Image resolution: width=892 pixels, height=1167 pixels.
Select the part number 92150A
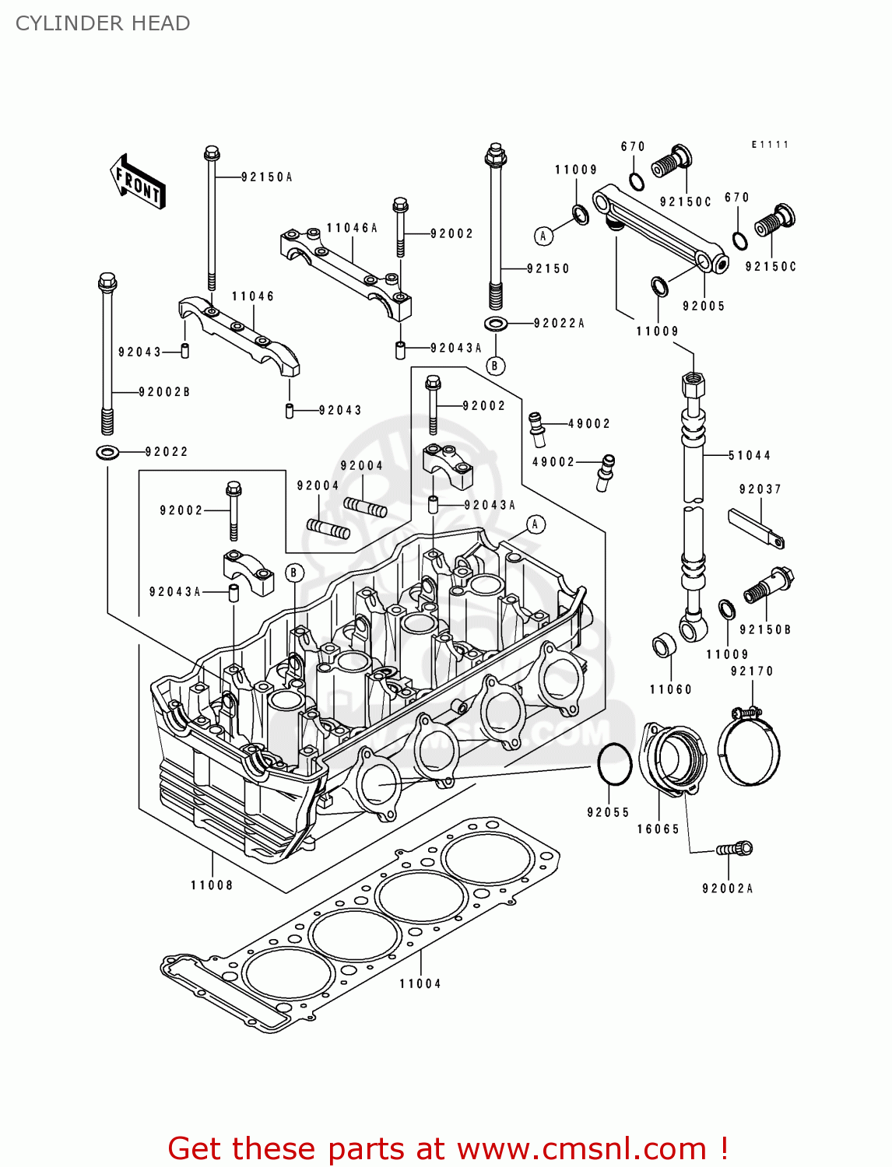click(266, 177)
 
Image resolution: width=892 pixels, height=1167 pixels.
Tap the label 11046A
click(352, 228)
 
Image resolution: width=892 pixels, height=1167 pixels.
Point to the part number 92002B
click(164, 392)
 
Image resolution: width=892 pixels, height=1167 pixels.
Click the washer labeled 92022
click(107, 451)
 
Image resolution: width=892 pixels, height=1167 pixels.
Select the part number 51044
click(749, 455)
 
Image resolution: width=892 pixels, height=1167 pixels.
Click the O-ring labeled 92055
click(615, 764)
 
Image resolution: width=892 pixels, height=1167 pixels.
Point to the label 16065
click(658, 829)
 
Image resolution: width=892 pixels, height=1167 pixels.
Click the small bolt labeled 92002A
click(735, 849)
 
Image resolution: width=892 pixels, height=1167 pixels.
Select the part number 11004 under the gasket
click(420, 984)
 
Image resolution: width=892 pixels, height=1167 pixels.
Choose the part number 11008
click(212, 885)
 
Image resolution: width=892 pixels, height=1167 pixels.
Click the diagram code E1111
click(770, 145)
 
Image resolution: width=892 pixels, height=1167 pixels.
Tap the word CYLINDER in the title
click(58, 23)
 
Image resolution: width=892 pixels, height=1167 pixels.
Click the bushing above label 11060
click(663, 646)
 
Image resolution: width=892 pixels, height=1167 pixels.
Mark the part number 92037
click(760, 489)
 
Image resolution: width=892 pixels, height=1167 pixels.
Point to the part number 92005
click(704, 307)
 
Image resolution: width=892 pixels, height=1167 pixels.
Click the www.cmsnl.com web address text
click(581, 1148)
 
